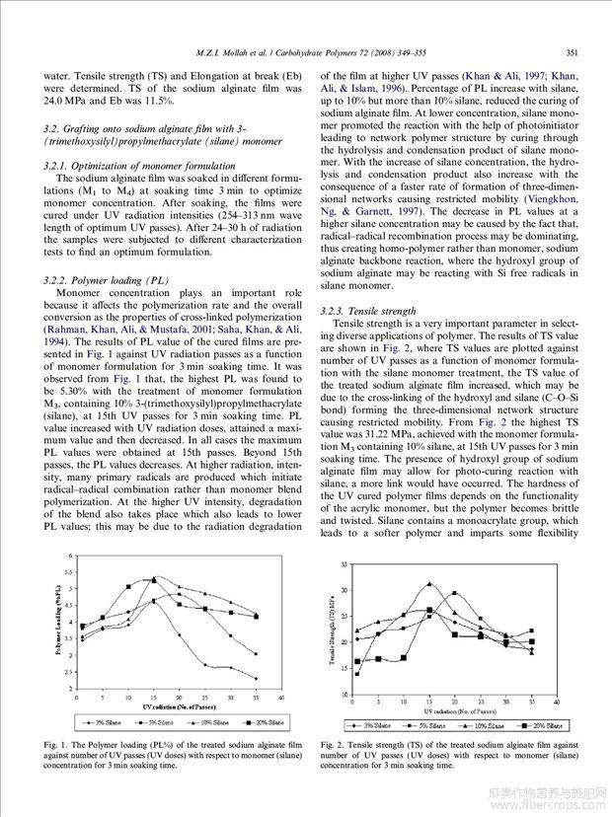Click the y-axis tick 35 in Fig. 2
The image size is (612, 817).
click(x=343, y=565)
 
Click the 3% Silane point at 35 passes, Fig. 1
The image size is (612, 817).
click(x=256, y=678)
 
